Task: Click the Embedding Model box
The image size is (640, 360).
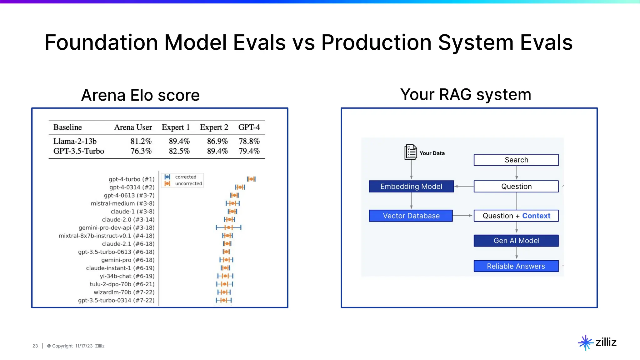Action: click(x=411, y=187)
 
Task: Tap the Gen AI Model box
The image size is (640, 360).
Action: click(x=516, y=241)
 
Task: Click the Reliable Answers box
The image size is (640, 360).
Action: click(x=516, y=266)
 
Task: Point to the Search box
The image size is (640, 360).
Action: click(x=516, y=160)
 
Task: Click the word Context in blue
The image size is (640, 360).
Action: click(x=536, y=216)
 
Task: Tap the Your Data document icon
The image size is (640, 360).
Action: click(x=411, y=152)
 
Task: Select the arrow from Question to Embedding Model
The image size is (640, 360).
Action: click(x=464, y=187)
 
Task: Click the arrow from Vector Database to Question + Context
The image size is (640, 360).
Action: click(x=463, y=216)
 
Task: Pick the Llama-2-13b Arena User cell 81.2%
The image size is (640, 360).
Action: click(x=141, y=141)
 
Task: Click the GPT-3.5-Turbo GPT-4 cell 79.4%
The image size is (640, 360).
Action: click(x=249, y=151)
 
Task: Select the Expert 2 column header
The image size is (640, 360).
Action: click(x=214, y=127)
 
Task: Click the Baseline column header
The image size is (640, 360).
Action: click(x=67, y=127)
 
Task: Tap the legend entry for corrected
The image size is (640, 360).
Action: click(x=186, y=177)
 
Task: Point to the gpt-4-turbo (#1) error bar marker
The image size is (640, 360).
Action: click(x=251, y=179)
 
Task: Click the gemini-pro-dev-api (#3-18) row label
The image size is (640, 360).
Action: click(x=116, y=228)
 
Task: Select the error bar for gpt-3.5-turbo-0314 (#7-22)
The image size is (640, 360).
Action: click(x=224, y=300)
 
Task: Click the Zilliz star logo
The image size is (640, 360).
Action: click(x=585, y=342)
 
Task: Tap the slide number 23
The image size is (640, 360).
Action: click(x=35, y=346)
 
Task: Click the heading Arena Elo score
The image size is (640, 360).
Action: click(x=140, y=95)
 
